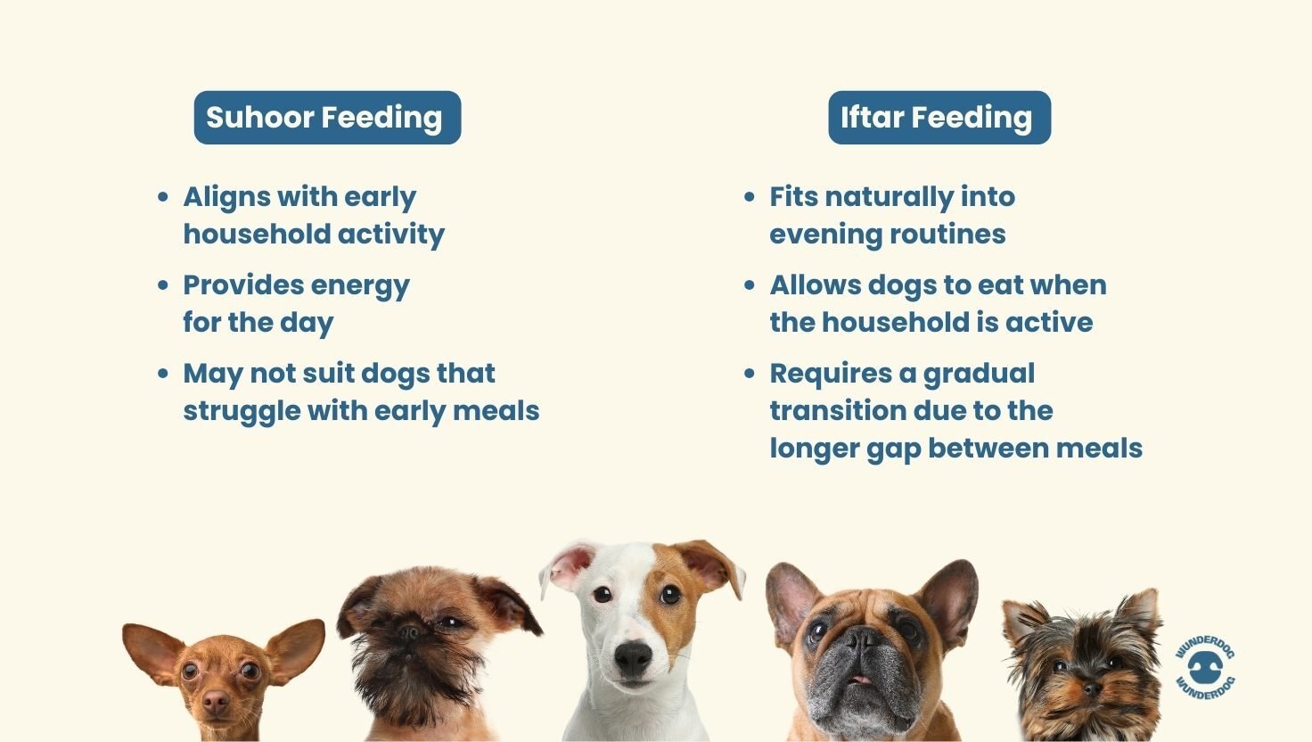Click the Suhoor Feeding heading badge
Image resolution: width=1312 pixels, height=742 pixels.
click(327, 118)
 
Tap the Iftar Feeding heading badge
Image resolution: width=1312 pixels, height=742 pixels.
click(939, 118)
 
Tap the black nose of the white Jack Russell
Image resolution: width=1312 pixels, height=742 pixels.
click(633, 658)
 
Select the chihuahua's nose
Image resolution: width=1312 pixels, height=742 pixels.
click(216, 702)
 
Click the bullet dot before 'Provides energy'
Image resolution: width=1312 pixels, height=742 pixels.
click(163, 285)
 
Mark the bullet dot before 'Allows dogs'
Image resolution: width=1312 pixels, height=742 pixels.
click(750, 285)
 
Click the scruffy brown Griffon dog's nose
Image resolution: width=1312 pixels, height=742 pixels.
click(411, 632)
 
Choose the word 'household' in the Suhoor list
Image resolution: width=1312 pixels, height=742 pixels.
click(242, 234)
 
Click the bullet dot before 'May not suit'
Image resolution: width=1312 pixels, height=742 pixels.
click(163, 374)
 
